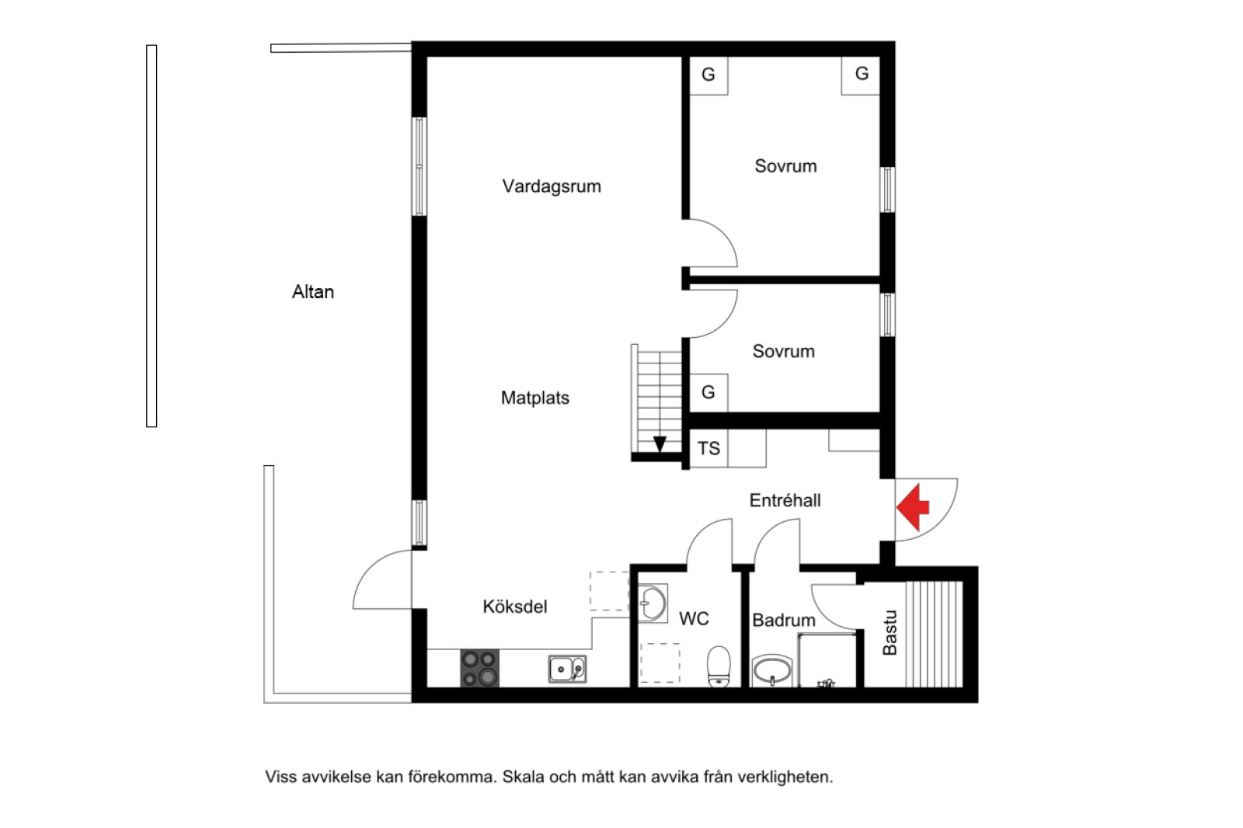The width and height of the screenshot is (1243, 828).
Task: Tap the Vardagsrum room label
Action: click(552, 186)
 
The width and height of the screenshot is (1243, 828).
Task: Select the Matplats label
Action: click(534, 398)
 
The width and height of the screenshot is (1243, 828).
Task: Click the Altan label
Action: click(313, 292)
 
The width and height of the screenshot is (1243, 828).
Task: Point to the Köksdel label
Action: click(514, 607)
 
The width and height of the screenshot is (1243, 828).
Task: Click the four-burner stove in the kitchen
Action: click(479, 669)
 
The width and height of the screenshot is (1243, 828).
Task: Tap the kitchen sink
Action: click(567, 669)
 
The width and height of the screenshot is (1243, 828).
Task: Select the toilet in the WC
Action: click(719, 667)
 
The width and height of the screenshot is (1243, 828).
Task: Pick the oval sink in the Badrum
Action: click(771, 670)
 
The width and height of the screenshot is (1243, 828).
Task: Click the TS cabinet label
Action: click(709, 449)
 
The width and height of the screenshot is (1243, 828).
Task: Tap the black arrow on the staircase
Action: click(660, 444)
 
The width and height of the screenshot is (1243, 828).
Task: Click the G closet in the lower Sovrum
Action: click(708, 392)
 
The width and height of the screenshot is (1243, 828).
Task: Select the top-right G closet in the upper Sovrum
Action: click(861, 75)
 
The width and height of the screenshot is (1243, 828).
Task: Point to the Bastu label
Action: click(890, 633)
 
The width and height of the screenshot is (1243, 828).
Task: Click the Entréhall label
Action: click(785, 500)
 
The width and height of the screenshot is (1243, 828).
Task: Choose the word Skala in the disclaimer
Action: click(523, 777)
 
